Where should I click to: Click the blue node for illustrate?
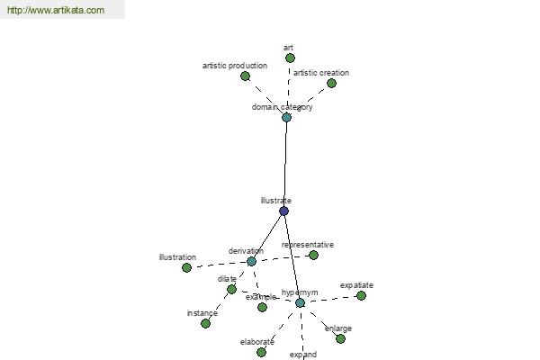(283, 211)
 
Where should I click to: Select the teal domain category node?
(286, 118)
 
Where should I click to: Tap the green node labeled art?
(291, 58)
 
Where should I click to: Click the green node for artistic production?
(245, 76)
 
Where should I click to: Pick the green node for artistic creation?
(331, 83)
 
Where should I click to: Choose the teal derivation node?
(251, 262)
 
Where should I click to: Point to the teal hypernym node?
(300, 303)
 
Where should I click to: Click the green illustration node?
(186, 267)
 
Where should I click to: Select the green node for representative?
(313, 256)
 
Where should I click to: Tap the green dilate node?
(232, 290)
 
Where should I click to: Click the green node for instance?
(205, 324)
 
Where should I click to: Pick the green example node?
(262, 307)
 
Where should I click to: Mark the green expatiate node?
(361, 295)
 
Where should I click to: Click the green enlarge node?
(340, 339)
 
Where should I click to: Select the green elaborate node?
(261, 353)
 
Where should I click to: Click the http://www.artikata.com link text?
(56, 10)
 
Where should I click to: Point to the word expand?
(303, 355)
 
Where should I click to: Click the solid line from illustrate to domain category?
(285, 165)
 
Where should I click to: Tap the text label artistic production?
(235, 66)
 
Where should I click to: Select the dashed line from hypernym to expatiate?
(330, 300)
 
